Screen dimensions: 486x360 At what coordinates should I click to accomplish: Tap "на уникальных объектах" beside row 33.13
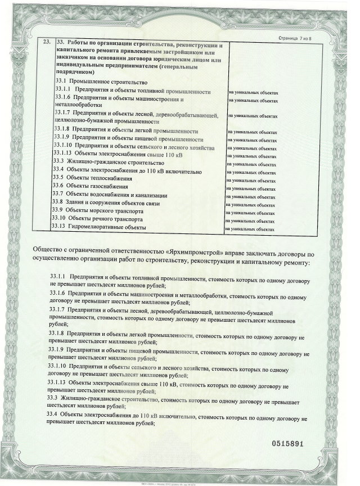(250, 229)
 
